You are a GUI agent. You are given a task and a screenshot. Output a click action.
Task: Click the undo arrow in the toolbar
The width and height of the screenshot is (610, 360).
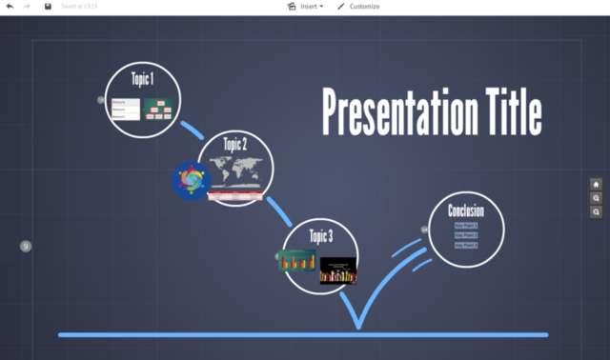click(x=10, y=7)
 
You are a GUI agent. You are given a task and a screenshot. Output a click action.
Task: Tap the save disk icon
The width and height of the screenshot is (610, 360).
click(x=48, y=7)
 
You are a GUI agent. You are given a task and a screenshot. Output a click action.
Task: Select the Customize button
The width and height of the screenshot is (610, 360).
click(x=358, y=7)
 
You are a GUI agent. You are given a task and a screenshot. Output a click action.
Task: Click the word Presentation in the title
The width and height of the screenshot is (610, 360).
click(x=401, y=112)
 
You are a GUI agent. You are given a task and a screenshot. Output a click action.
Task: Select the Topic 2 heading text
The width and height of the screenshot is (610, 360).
click(x=235, y=145)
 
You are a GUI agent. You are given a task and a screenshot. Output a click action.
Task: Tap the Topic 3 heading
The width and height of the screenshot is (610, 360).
click(x=321, y=236)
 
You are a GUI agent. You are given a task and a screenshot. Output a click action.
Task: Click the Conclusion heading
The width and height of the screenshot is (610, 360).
click(x=466, y=210)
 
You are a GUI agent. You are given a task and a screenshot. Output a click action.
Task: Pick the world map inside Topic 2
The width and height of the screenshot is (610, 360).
click(x=236, y=171)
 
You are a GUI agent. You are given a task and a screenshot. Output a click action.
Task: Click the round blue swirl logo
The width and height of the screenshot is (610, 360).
click(x=191, y=180)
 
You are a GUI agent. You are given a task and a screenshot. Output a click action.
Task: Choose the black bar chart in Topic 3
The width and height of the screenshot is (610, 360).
click(x=337, y=270)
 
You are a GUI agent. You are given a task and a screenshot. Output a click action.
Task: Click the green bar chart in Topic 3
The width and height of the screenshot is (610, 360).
click(x=296, y=260)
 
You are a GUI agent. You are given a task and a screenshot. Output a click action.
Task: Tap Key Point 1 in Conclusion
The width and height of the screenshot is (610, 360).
click(x=466, y=226)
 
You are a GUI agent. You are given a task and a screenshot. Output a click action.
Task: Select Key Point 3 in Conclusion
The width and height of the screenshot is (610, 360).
click(x=466, y=245)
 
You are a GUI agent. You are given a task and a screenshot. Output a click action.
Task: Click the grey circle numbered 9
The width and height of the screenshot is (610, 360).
click(x=26, y=247)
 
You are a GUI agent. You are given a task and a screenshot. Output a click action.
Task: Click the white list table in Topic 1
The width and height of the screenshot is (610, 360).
click(x=125, y=109)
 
